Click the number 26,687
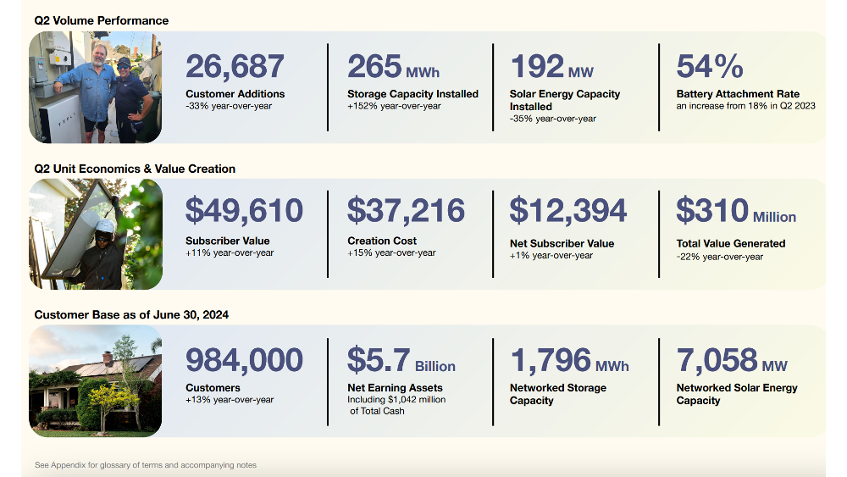click(x=235, y=66)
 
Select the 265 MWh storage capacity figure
click(x=393, y=66)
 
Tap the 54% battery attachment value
click(x=710, y=66)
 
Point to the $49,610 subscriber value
click(x=244, y=210)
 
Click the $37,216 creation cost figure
click(x=406, y=210)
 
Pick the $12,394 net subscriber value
click(x=568, y=210)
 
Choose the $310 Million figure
click(x=736, y=210)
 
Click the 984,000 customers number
click(x=244, y=360)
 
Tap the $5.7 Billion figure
click(x=401, y=360)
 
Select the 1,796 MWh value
click(x=570, y=360)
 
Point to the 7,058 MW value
click(x=732, y=360)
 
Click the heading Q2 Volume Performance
click(x=102, y=20)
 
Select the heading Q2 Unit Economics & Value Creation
click(x=135, y=169)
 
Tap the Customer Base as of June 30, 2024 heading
click(x=131, y=314)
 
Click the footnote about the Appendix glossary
click(x=146, y=464)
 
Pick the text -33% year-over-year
click(x=229, y=106)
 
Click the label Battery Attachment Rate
click(x=738, y=93)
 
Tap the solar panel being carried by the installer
click(x=81, y=227)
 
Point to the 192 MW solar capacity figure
click(x=552, y=66)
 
